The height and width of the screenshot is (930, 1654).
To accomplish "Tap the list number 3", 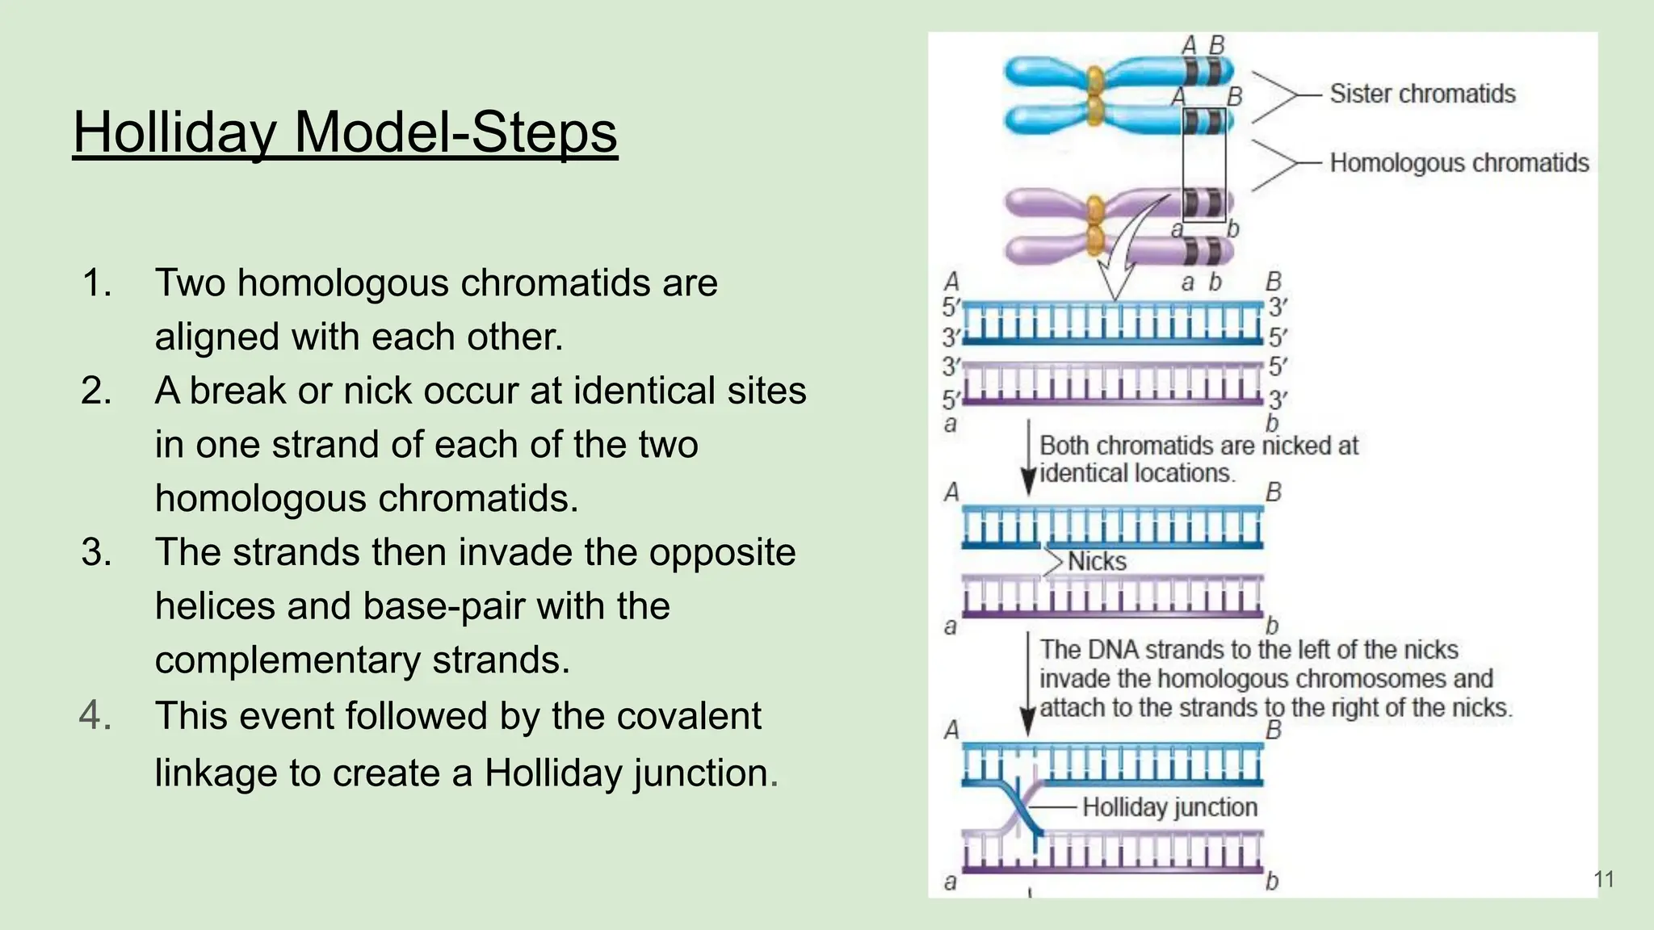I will (x=96, y=553).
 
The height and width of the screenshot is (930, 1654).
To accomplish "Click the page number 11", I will (x=1604, y=879).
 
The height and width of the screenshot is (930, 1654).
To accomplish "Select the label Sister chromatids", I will (x=1422, y=94).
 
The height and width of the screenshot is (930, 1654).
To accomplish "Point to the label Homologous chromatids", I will (x=1459, y=163).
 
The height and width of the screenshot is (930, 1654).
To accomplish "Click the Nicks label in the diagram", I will (x=1096, y=562).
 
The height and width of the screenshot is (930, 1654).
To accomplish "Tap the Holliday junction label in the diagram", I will (x=1169, y=807).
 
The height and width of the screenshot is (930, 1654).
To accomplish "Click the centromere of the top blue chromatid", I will (x=1095, y=80).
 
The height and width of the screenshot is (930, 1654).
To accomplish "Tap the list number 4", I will (x=96, y=716).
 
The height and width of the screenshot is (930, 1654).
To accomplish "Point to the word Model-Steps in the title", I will (x=455, y=132).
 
